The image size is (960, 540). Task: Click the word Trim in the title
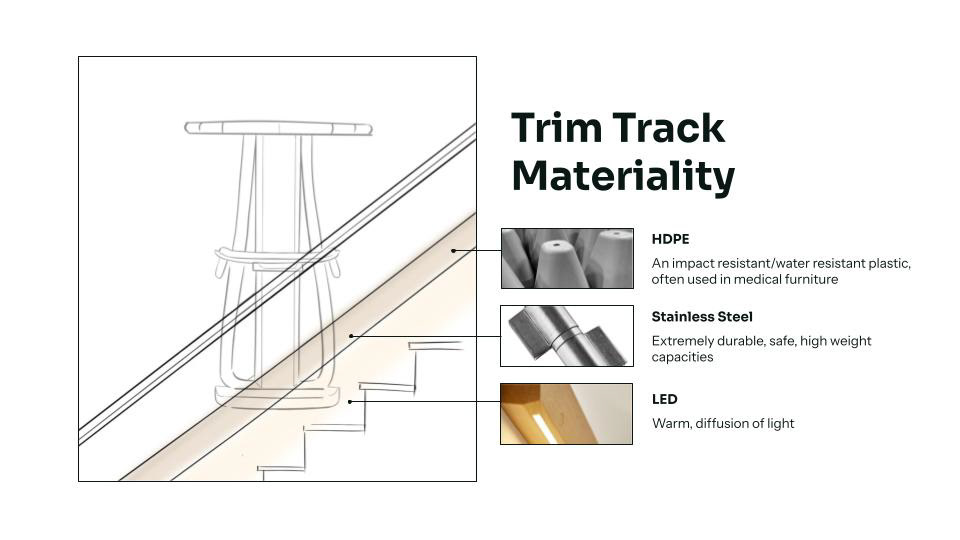pos(557,129)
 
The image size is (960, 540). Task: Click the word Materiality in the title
pos(623,176)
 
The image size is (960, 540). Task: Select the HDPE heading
pos(670,239)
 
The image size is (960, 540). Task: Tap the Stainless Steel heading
pos(702,317)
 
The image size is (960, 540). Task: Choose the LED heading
pos(664,399)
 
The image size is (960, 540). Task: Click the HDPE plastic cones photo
pos(567,258)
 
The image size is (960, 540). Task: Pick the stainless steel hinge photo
pos(567,336)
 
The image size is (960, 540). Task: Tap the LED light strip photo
pos(567,414)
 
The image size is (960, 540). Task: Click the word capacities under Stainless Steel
pos(682,357)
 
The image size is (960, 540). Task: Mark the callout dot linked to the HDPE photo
pos(453,250)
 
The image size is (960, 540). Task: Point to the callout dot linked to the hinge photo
pos(351,336)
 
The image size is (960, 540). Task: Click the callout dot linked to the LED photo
pos(350,401)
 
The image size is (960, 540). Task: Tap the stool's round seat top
pos(278,128)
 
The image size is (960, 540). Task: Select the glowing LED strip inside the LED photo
pos(544,428)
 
